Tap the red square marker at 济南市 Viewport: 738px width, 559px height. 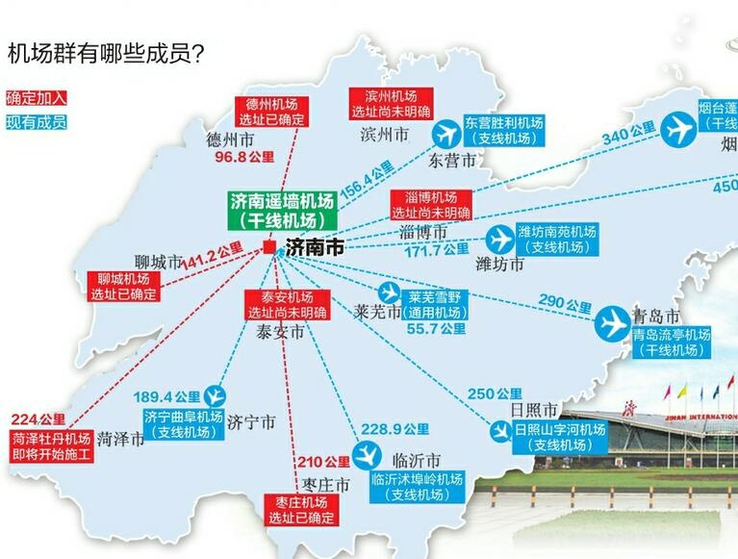(x=268, y=247)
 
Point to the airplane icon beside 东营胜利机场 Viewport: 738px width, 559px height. (x=446, y=132)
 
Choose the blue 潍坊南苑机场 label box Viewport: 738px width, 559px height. (x=557, y=239)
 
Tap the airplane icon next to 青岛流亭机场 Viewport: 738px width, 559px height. (x=611, y=323)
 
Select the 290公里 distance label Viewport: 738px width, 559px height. (x=567, y=305)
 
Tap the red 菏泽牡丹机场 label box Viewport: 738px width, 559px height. (x=53, y=445)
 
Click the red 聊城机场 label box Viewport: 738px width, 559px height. (x=123, y=287)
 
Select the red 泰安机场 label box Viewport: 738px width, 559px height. (x=287, y=304)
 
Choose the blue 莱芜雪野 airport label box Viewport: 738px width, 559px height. (x=435, y=305)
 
